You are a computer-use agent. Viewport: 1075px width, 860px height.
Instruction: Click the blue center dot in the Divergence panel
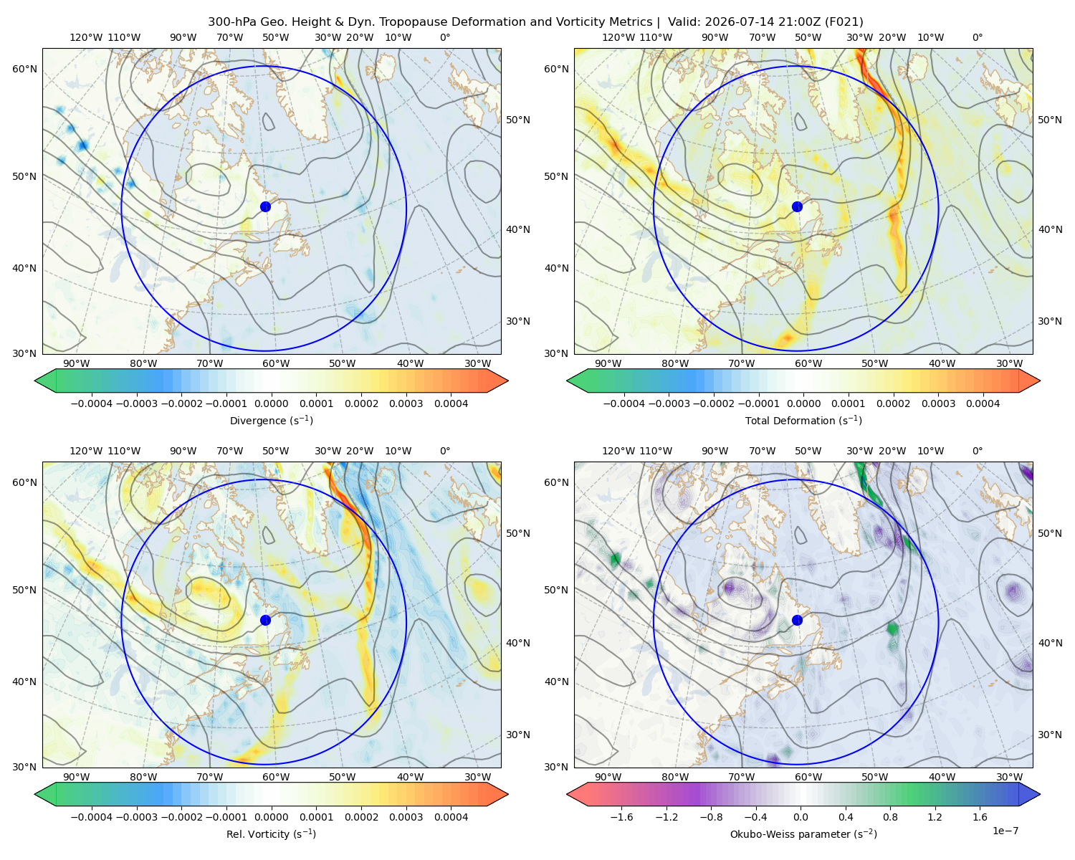(265, 206)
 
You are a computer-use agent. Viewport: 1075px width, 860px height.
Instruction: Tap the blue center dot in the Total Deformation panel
(797, 206)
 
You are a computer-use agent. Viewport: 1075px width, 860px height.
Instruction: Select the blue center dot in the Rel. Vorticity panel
(265, 620)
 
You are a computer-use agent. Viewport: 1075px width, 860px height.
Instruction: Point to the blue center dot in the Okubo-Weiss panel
(797, 620)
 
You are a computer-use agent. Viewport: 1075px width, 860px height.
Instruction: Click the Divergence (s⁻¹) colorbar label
(271, 420)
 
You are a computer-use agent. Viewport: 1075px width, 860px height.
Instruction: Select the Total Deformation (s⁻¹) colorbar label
(803, 420)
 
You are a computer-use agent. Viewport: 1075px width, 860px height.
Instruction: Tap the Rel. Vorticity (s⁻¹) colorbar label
(271, 833)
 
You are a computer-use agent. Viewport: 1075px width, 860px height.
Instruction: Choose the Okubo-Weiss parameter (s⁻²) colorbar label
(803, 833)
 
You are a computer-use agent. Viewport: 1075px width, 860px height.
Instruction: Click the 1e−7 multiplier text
(1005, 831)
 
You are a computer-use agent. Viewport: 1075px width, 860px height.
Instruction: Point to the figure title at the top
(535, 22)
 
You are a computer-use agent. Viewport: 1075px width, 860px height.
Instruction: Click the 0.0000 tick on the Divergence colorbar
(271, 403)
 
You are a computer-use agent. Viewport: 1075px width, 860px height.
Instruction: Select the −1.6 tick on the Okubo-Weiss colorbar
(621, 816)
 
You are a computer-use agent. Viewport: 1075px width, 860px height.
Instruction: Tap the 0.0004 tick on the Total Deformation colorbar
(983, 403)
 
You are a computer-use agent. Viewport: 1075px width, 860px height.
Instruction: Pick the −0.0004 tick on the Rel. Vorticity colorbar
(92, 816)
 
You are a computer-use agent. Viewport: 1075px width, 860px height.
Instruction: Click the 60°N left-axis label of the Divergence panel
(24, 69)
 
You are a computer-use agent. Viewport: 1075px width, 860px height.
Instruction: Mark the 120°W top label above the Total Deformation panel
(618, 37)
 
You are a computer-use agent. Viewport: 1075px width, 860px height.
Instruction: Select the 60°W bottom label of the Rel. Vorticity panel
(276, 777)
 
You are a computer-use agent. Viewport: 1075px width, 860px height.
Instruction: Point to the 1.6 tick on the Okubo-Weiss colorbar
(980, 816)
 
